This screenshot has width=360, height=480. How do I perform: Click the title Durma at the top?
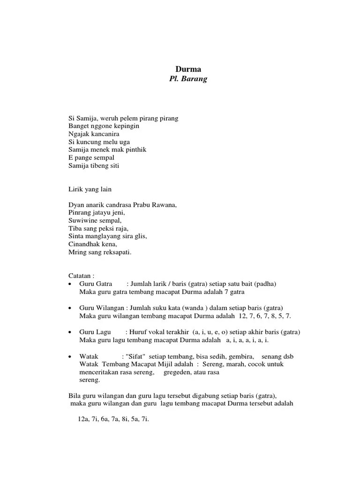187,69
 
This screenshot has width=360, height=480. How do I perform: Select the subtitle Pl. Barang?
187,79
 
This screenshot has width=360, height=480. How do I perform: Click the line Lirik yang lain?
90,189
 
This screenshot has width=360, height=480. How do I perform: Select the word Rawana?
165,205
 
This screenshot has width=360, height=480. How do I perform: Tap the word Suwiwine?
81,220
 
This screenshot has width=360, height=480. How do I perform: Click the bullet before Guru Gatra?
70,285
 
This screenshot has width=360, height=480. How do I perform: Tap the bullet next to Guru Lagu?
70,332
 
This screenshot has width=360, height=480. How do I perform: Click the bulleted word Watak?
89,356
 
